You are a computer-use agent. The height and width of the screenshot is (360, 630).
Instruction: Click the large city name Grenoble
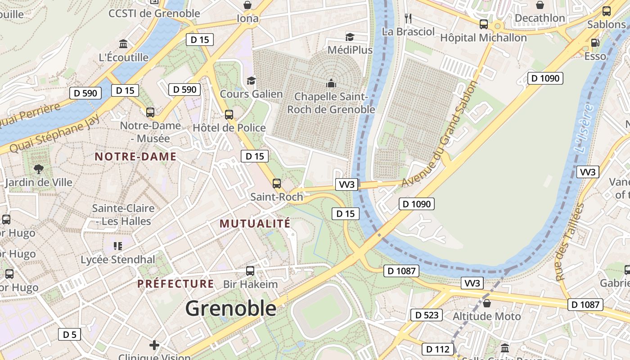pyautogui.click(x=231, y=309)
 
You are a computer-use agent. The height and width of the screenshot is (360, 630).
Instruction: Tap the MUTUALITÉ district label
pyautogui.click(x=255, y=224)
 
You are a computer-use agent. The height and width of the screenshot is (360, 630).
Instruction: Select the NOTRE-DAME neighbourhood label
pyautogui.click(x=135, y=157)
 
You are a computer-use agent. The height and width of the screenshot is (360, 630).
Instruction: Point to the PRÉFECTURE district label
pyautogui.click(x=175, y=284)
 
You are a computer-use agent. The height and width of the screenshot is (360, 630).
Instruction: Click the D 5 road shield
pyautogui.click(x=69, y=334)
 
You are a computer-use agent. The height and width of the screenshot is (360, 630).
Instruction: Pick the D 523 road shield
pyautogui.click(x=426, y=315)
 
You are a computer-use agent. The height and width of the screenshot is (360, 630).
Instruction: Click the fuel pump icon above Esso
pyautogui.click(x=595, y=43)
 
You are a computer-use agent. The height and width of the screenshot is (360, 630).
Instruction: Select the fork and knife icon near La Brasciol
pyautogui.click(x=408, y=18)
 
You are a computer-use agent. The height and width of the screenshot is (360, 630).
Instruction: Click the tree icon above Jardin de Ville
pyautogui.click(x=39, y=169)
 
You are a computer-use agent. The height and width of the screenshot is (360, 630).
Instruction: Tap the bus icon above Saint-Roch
pyautogui.click(x=276, y=184)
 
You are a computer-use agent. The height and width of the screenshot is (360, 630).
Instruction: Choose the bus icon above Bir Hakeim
pyautogui.click(x=250, y=271)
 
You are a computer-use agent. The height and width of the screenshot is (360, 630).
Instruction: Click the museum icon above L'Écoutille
pyautogui.click(x=123, y=44)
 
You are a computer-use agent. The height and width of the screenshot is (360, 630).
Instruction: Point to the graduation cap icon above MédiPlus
pyautogui.click(x=350, y=37)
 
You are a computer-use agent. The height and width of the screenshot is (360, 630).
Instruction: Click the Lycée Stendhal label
pyautogui.click(x=118, y=260)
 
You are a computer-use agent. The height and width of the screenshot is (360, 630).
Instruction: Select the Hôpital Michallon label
pyautogui.click(x=483, y=38)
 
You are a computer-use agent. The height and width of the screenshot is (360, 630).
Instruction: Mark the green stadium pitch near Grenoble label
pyautogui.click(x=321, y=310)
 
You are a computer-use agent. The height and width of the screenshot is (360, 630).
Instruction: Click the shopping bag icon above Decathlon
pyautogui.click(x=540, y=5)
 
